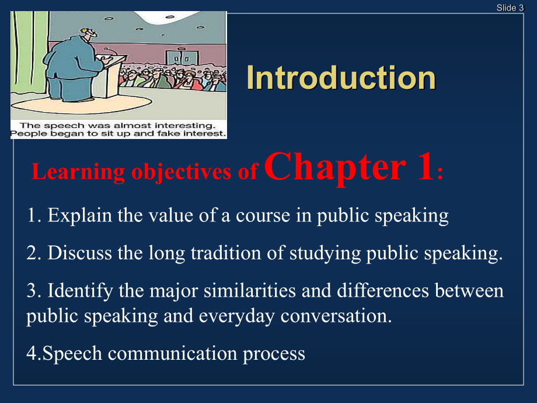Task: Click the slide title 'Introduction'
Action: (x=341, y=78)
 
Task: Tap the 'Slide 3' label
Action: (x=510, y=7)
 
